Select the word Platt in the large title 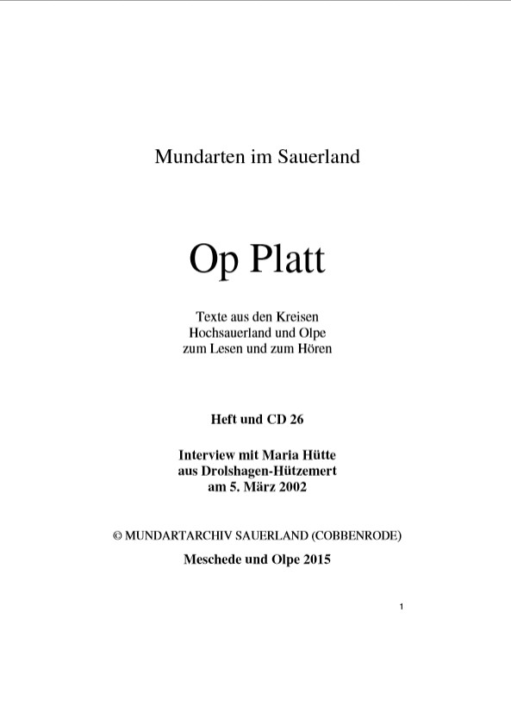[289, 259]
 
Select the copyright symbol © [118, 535]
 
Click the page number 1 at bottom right [402, 609]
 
